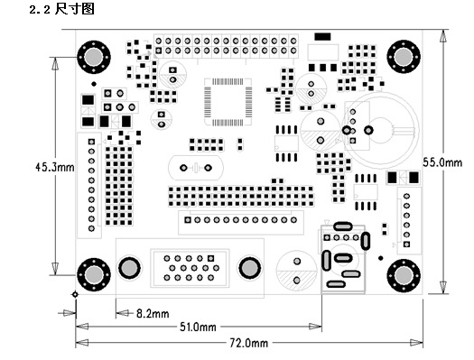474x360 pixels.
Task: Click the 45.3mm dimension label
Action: (x=55, y=167)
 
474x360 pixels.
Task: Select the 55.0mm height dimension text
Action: (x=442, y=162)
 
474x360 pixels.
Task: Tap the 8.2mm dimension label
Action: (x=153, y=313)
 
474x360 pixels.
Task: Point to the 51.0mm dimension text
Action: (x=198, y=327)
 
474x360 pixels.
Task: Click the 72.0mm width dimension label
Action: (x=249, y=343)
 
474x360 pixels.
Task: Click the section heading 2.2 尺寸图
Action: (x=61, y=9)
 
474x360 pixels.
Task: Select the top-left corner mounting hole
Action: (x=94, y=57)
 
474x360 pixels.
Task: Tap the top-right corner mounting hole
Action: (x=404, y=57)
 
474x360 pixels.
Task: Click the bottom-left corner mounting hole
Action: (x=94, y=274)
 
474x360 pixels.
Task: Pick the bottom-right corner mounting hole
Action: (x=404, y=275)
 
